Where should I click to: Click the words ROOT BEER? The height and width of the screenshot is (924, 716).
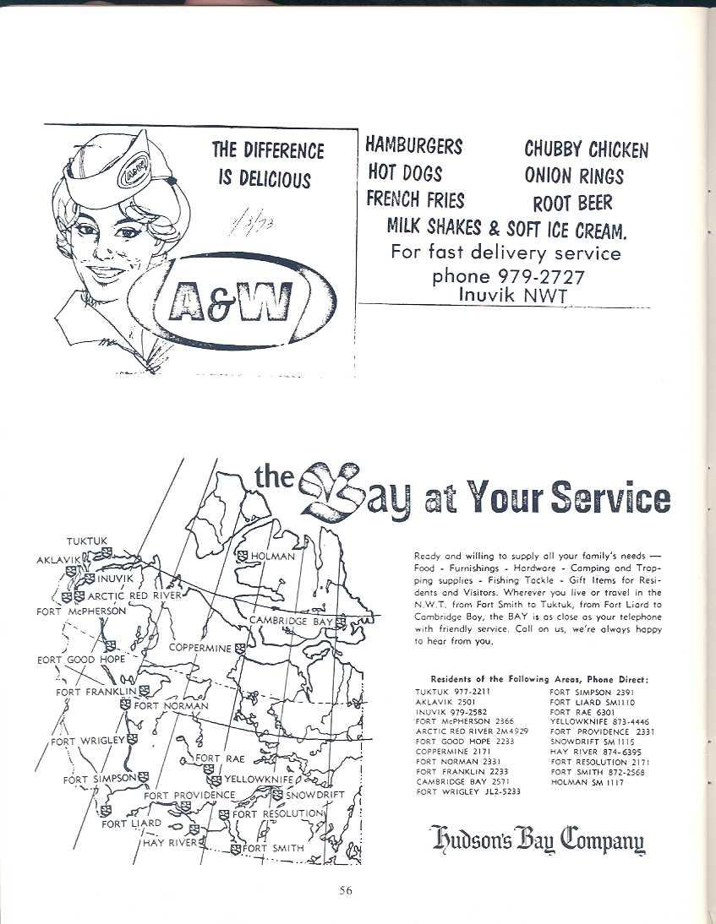[571, 203]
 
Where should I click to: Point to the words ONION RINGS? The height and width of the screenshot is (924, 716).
[573, 177]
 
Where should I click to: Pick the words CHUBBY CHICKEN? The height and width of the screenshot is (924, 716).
[586, 150]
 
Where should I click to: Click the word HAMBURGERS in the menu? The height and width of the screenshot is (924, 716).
[413, 145]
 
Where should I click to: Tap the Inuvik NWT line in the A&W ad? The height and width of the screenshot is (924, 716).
[513, 295]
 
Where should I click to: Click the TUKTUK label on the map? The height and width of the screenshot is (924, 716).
[87, 541]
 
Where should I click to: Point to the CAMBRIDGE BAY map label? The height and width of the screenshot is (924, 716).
[291, 622]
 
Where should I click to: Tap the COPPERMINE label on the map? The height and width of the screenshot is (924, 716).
[200, 648]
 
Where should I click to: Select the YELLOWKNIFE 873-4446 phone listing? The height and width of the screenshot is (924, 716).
[600, 721]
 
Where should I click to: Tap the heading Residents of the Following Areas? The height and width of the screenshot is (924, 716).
[538, 678]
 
